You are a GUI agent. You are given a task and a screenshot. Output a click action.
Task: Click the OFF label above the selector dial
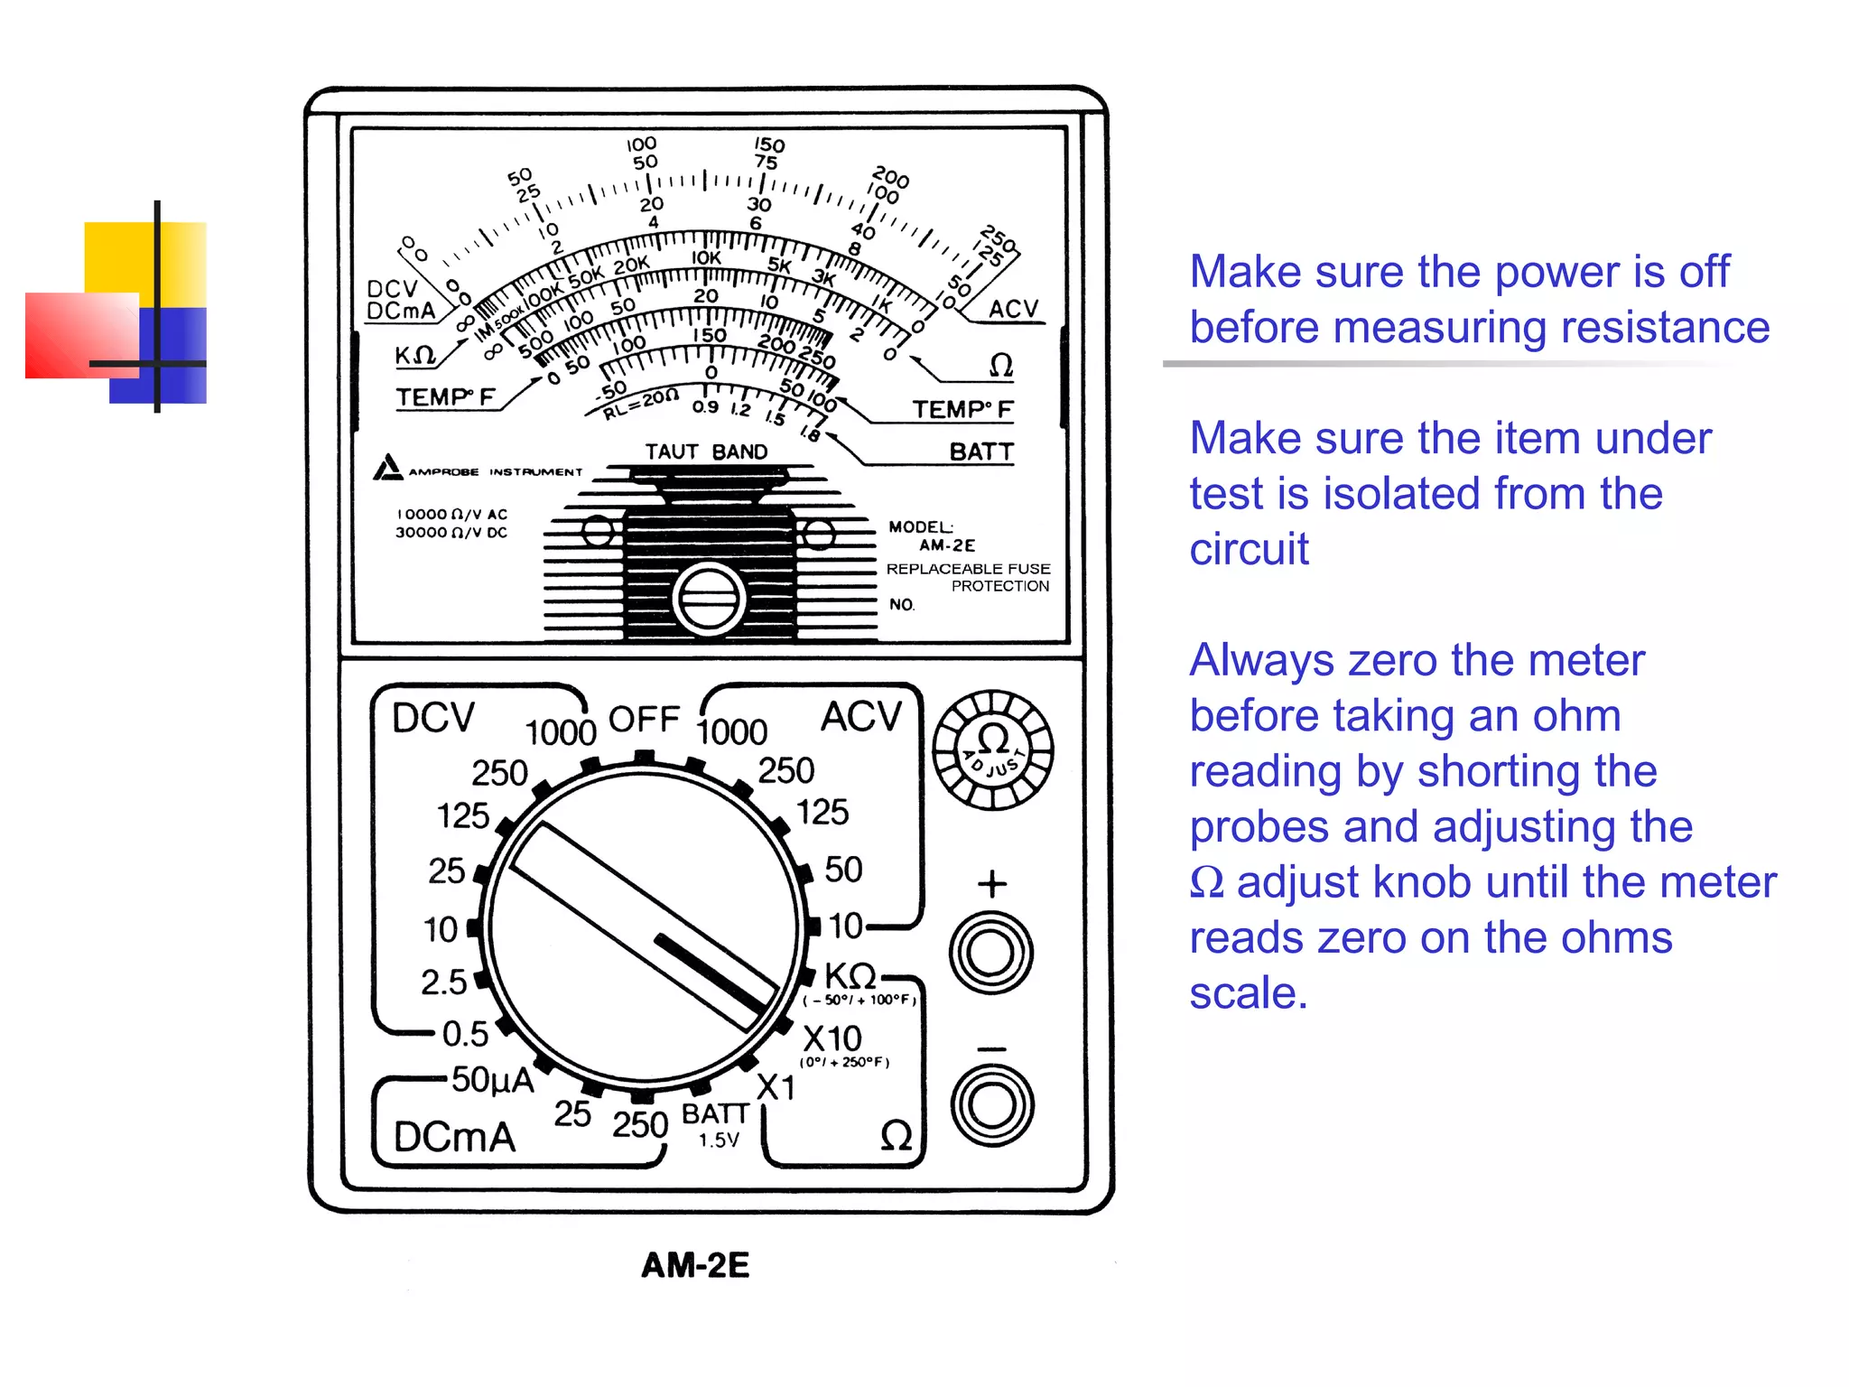[644, 720]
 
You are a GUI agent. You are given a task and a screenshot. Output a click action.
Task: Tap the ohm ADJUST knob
[992, 749]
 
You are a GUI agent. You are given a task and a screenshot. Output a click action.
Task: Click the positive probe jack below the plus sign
[991, 953]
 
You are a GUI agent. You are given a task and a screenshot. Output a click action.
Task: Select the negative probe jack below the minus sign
[991, 1105]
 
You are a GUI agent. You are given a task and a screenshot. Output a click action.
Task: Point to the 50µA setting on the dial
[492, 1079]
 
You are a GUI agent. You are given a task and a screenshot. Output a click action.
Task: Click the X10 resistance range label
[832, 1038]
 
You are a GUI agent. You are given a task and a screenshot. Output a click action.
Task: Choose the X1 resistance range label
[776, 1087]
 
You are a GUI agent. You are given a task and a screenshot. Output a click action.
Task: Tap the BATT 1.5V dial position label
[715, 1124]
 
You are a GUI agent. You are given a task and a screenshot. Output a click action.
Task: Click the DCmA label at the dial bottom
[454, 1137]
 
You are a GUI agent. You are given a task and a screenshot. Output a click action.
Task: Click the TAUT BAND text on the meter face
[706, 451]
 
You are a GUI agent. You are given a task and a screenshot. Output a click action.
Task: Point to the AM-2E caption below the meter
[695, 1265]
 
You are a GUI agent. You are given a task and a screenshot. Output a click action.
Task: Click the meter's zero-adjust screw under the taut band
[709, 598]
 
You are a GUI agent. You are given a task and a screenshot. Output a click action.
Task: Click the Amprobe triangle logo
[387, 468]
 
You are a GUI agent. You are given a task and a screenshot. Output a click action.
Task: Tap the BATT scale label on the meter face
[980, 451]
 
